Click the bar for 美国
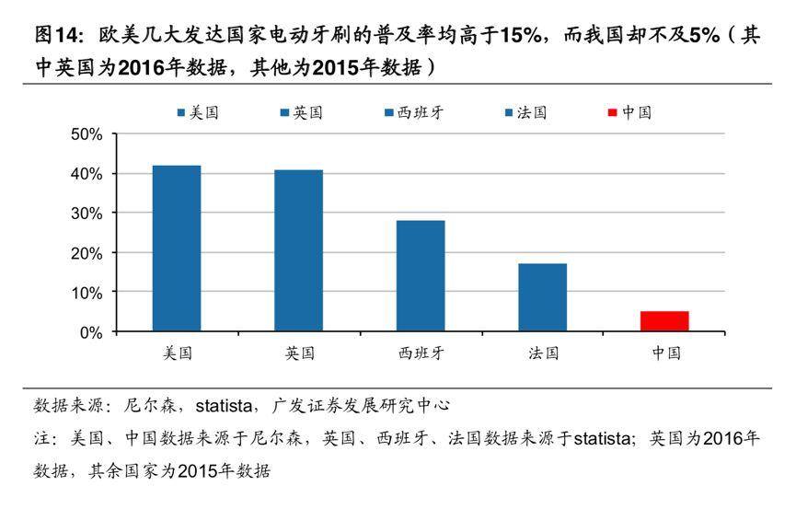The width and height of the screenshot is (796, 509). (x=177, y=249)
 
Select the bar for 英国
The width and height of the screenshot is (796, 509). (x=299, y=250)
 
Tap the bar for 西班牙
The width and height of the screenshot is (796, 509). (x=421, y=276)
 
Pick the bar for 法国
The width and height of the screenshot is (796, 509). (x=543, y=297)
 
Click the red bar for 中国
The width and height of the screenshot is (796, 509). (x=664, y=321)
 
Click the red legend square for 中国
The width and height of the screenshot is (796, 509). (x=613, y=113)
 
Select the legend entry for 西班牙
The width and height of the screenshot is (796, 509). (x=411, y=113)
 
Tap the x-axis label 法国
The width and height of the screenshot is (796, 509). (x=543, y=353)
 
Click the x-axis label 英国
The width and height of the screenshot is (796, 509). (x=299, y=353)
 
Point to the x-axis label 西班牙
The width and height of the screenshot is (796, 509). (x=421, y=353)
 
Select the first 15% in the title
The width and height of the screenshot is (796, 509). (x=521, y=37)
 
